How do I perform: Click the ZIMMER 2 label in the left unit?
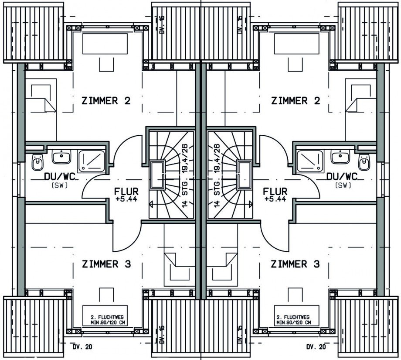click(x=106, y=101)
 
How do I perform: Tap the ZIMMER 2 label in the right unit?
click(x=296, y=101)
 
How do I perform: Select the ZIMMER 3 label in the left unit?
click(x=106, y=264)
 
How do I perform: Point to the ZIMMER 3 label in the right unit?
click(x=295, y=264)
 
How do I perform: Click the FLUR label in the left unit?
click(x=126, y=191)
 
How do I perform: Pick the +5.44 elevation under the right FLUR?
click(x=275, y=199)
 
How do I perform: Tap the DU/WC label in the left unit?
click(x=60, y=176)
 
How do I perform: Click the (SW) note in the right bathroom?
click(x=342, y=185)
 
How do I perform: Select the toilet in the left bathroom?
click(x=37, y=162)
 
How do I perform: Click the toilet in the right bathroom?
click(x=364, y=162)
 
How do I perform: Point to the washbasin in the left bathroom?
click(x=61, y=157)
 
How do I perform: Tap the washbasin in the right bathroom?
click(x=340, y=157)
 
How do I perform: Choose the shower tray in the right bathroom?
click(x=310, y=161)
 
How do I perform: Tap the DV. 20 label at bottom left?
click(x=82, y=347)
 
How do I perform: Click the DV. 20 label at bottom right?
click(x=316, y=347)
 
